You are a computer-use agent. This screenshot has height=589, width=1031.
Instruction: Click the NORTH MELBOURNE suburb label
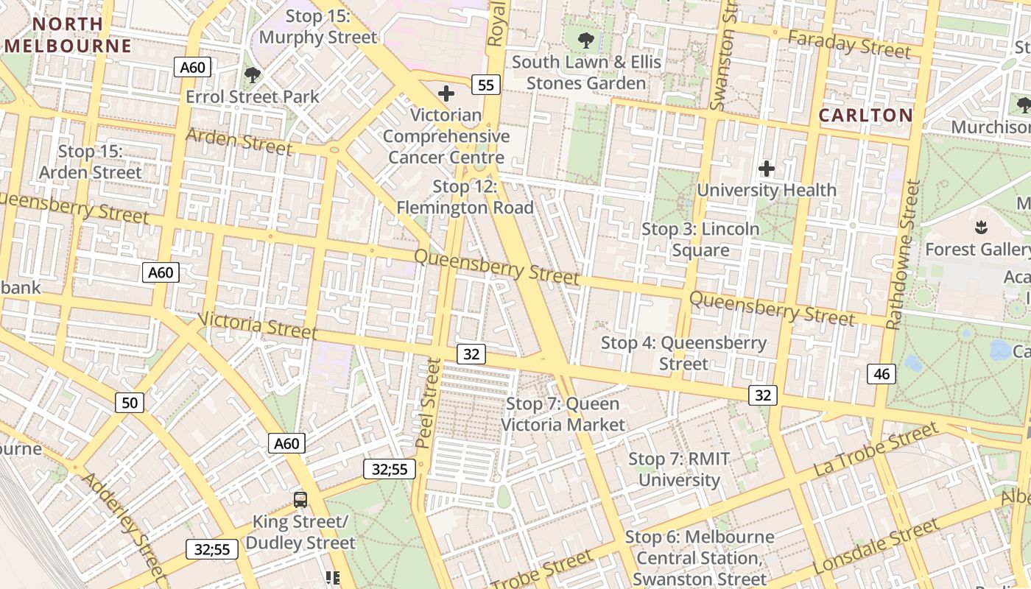(x=68, y=35)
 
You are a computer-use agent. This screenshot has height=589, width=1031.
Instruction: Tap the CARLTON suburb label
(x=865, y=115)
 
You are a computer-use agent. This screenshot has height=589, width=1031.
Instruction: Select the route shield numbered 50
(x=130, y=402)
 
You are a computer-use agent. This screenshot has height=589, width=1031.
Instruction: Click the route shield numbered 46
(x=882, y=374)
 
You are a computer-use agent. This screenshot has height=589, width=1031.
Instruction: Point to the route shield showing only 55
(x=485, y=85)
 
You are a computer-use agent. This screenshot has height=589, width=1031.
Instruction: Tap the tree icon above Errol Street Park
(x=253, y=74)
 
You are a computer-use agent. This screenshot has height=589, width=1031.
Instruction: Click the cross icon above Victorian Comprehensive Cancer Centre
(x=446, y=94)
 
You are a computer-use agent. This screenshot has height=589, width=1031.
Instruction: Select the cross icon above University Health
(x=767, y=169)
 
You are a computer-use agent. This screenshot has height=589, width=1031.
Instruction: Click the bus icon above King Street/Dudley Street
(x=300, y=500)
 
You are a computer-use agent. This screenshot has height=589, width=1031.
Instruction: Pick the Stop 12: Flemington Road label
(x=465, y=197)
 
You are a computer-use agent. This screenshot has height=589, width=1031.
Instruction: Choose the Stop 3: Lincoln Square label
(x=700, y=239)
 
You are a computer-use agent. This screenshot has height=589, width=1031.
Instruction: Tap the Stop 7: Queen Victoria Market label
(x=563, y=414)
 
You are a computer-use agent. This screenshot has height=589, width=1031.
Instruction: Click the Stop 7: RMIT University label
(x=679, y=469)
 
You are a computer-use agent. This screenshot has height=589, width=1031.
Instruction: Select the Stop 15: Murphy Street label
(x=318, y=27)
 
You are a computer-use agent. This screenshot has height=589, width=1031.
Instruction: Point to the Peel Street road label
(x=427, y=403)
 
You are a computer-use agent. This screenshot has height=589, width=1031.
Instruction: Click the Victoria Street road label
(x=258, y=325)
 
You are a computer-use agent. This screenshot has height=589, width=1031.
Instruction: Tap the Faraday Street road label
(x=849, y=45)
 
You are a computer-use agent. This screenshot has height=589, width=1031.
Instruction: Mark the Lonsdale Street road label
(x=876, y=547)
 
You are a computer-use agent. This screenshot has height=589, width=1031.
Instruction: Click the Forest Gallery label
(x=978, y=249)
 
